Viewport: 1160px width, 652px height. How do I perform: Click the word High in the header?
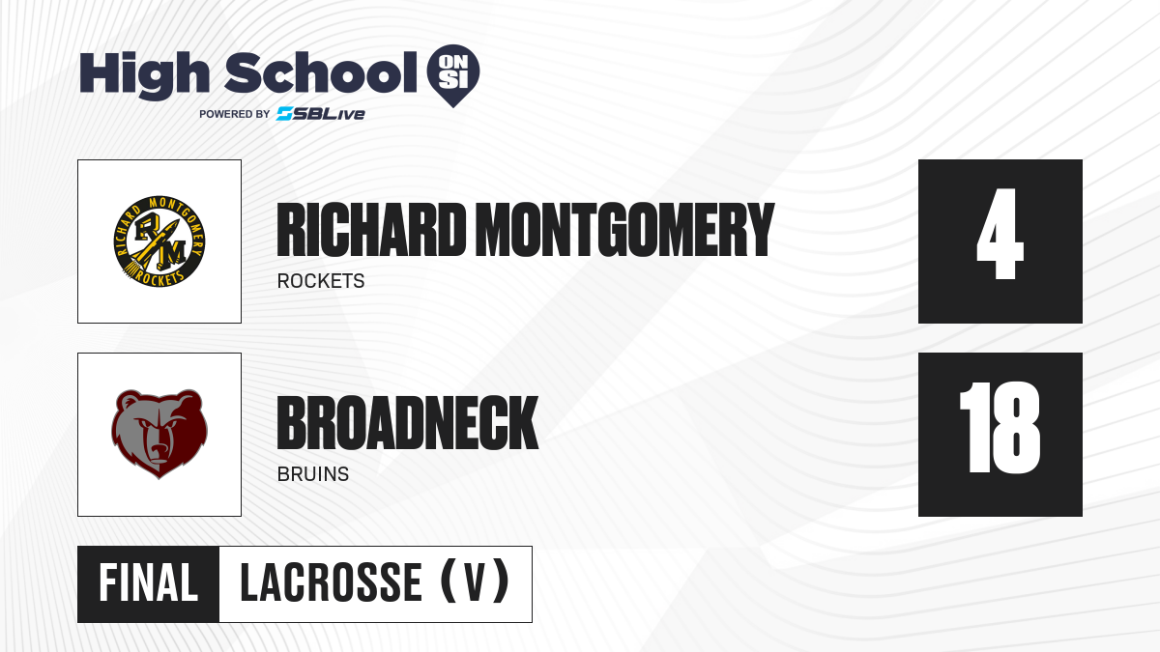click(x=144, y=75)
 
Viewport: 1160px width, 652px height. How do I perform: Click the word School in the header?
click(x=321, y=72)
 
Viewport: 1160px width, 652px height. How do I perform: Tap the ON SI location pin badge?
click(x=453, y=75)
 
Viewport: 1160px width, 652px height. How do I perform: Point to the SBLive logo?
click(x=320, y=114)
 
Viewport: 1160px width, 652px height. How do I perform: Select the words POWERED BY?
click(x=234, y=114)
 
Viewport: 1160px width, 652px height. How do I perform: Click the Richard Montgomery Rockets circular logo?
click(x=159, y=241)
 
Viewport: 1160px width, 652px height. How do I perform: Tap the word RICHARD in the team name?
click(x=371, y=230)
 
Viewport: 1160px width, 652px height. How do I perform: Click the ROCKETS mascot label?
click(x=321, y=281)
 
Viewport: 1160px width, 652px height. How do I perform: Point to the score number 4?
click(x=1000, y=235)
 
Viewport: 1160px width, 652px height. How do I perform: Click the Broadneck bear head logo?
click(x=159, y=434)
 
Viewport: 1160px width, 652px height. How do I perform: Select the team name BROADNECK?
click(x=408, y=423)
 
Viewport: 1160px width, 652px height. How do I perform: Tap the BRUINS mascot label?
click(x=313, y=474)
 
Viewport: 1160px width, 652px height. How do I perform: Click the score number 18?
click(x=1000, y=428)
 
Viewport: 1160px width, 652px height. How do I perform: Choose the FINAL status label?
click(x=149, y=583)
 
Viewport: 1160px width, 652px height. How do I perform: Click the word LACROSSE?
click(x=331, y=583)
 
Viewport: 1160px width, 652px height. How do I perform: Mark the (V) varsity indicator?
click(x=475, y=581)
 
